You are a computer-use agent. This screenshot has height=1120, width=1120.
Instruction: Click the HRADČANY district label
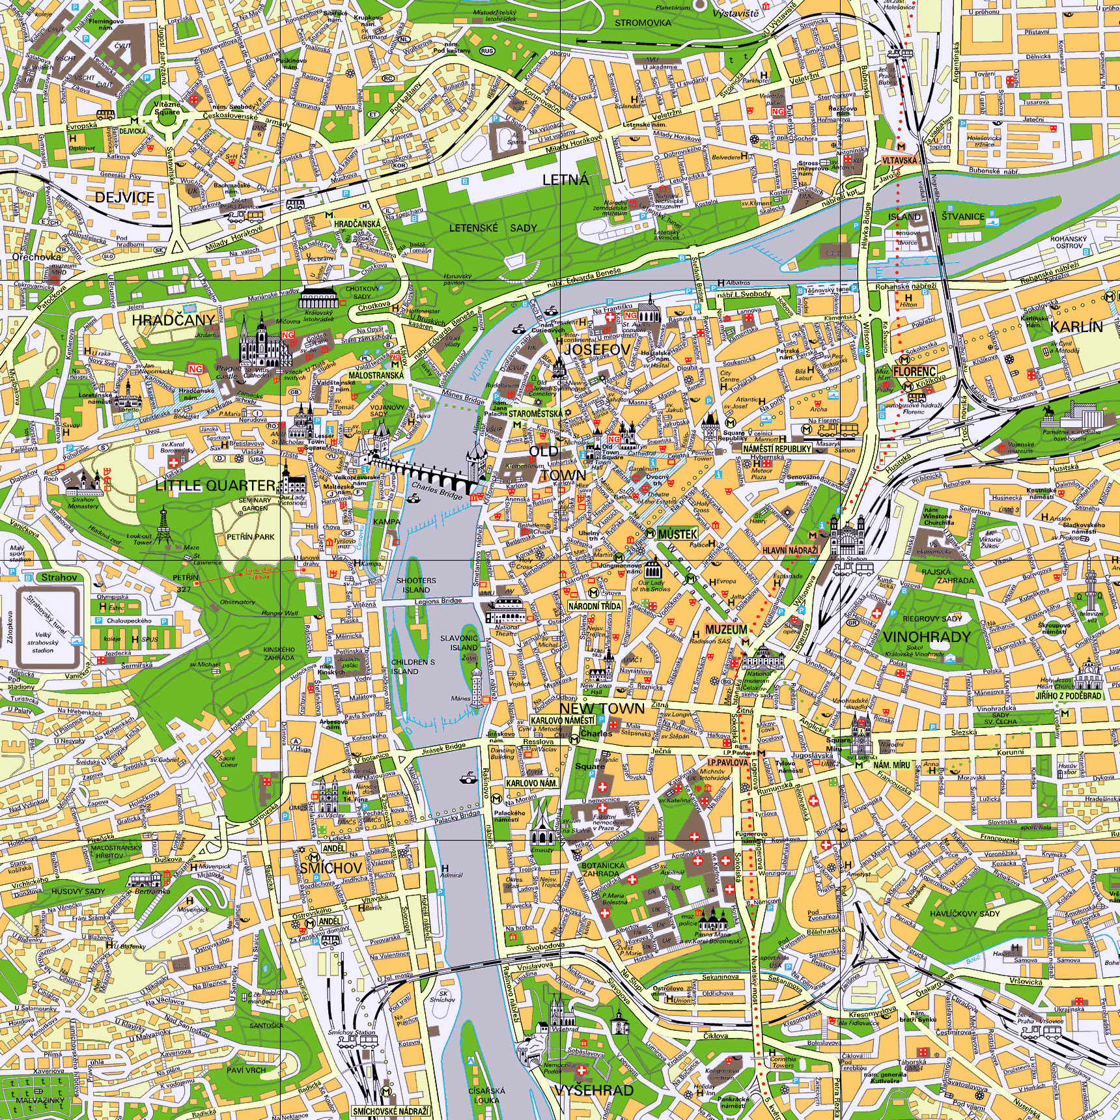173,320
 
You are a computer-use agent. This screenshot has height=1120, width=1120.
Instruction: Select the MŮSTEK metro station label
677,534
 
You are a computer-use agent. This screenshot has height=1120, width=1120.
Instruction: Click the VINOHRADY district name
926,636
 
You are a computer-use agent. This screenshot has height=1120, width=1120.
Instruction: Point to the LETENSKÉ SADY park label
493,228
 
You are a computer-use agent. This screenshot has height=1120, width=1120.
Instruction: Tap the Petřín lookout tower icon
163,526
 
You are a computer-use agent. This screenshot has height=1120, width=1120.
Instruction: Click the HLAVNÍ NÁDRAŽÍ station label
790,550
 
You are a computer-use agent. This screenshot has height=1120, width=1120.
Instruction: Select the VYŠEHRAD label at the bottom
594,1089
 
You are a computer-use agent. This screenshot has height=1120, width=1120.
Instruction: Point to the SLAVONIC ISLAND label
459,643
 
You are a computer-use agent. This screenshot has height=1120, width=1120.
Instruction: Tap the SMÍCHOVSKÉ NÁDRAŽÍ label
391,1110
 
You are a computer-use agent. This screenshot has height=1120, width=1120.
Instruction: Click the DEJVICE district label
124,197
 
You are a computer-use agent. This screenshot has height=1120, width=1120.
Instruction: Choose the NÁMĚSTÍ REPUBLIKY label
777,449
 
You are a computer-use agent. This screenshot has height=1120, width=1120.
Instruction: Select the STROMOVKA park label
643,23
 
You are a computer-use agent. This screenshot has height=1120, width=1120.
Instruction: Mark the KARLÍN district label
1076,326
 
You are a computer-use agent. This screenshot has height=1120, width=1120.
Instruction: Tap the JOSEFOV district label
596,350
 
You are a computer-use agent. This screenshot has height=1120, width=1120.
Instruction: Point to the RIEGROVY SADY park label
932,619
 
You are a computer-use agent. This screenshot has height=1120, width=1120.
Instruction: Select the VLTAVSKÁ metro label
899,160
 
